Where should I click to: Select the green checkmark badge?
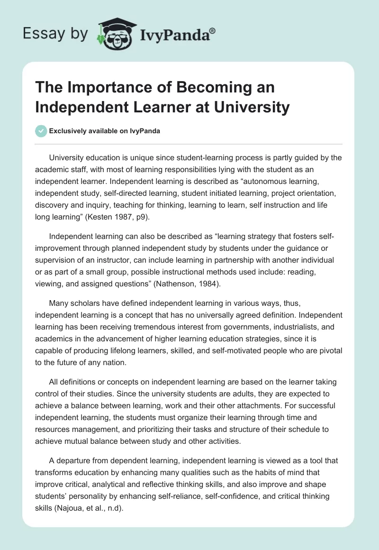pyautogui.click(x=41, y=131)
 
